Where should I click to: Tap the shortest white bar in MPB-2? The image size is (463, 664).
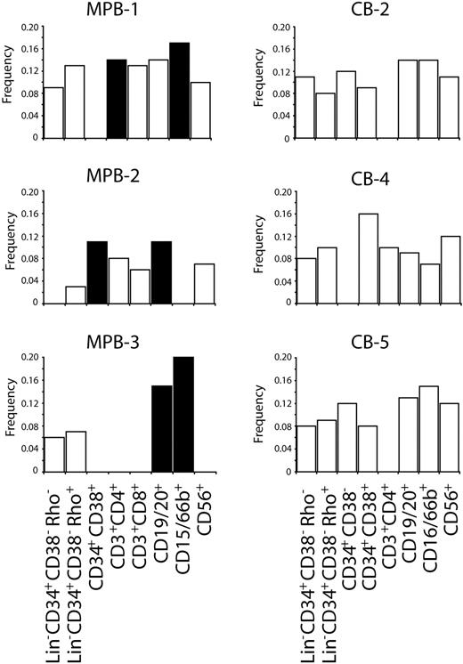click(76, 295)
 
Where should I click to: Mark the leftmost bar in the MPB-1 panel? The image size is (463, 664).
click(54, 112)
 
